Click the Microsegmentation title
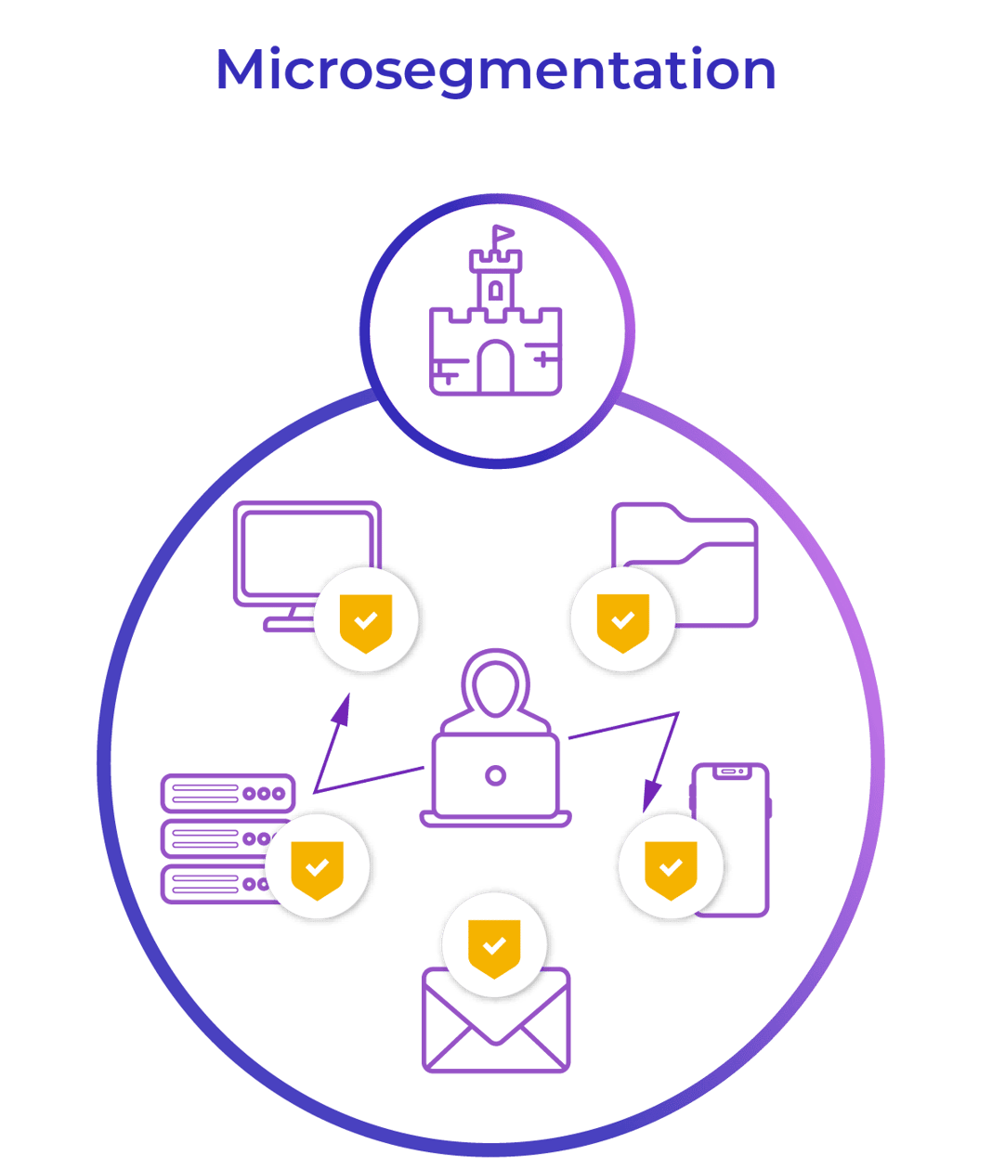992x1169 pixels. point(496,71)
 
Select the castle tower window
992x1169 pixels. point(496,291)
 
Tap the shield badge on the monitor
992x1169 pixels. point(366,620)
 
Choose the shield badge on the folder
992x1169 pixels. point(622,620)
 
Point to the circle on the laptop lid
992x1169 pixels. point(496,775)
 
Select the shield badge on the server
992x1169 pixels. point(317,867)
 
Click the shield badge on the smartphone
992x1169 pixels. point(671,867)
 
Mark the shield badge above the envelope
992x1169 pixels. point(495,946)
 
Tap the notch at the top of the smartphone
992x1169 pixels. point(730,772)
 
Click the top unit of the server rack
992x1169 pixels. point(228,794)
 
